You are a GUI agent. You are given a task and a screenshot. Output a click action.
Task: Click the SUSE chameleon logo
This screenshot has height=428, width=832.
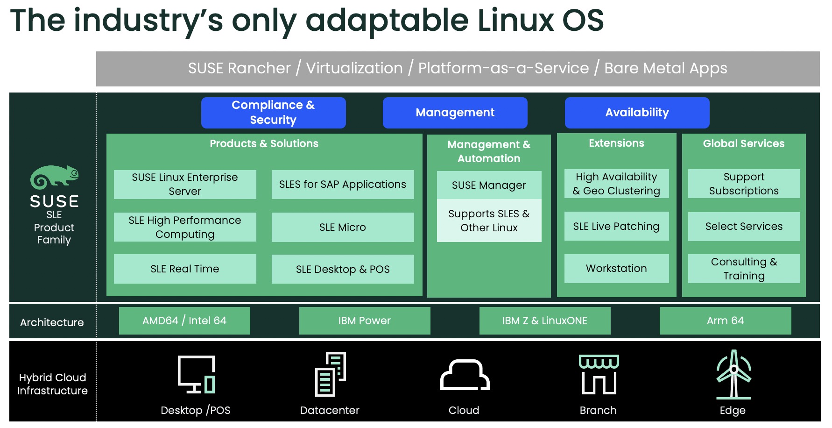pos(54,177)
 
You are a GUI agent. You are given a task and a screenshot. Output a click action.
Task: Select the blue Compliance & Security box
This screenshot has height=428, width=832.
pos(273,113)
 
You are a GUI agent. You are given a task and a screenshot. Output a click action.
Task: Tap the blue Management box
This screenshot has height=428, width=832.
pos(455,113)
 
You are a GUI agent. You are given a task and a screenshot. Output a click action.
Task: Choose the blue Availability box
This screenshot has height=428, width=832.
pos(637,113)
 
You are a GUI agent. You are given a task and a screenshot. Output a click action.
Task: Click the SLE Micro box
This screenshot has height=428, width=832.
pos(342,227)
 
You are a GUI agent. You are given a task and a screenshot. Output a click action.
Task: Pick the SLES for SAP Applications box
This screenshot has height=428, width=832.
pos(342,185)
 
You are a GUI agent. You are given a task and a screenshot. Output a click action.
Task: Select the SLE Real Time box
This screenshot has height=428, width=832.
pos(185,269)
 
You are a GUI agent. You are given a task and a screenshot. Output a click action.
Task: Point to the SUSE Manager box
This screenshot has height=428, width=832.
pos(489,185)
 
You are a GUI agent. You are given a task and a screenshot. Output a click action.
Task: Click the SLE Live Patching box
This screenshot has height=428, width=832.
pos(616,226)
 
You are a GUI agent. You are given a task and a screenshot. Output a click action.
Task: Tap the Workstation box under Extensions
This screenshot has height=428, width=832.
pos(616,268)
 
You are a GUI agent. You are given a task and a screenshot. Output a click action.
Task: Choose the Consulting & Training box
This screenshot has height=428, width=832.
pos(744,269)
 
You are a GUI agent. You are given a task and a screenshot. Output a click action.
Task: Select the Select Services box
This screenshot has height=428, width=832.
pos(744,226)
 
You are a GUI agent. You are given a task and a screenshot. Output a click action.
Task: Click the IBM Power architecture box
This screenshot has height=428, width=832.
pos(364,321)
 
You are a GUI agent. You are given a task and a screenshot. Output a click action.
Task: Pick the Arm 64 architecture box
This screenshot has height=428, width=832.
pos(725,321)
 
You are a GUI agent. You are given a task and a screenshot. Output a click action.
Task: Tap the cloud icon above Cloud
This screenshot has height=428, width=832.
pos(465,375)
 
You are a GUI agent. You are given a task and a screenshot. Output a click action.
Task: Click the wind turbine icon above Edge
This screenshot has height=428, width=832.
pos(733,375)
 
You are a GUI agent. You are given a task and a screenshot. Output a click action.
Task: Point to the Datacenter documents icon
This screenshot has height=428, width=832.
pos(330,374)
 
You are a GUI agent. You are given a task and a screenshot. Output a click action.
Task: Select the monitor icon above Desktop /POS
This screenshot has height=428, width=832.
pos(196,374)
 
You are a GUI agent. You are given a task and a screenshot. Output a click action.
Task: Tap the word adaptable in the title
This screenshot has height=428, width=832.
pos(387,21)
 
